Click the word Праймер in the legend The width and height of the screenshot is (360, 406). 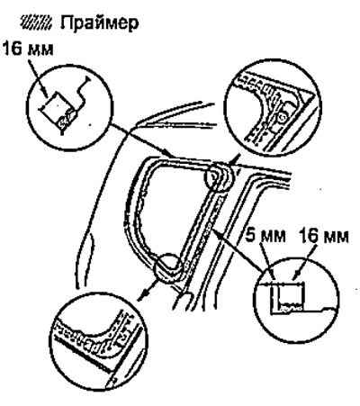100,23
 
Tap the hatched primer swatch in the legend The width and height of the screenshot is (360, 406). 36,23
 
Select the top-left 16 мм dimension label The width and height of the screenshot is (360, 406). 28,49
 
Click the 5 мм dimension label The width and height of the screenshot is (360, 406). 265,236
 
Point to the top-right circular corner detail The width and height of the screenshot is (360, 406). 273,107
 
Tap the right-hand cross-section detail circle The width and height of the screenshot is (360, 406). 296,300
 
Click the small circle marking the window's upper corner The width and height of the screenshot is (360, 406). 218,177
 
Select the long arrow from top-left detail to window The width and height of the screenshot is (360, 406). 140,140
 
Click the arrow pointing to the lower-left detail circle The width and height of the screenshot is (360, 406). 148,290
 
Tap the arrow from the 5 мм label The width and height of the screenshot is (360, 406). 268,261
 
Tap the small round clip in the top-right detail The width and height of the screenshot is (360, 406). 282,118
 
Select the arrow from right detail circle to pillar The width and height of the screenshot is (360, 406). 236,248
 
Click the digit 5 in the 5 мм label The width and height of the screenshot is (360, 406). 250,236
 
